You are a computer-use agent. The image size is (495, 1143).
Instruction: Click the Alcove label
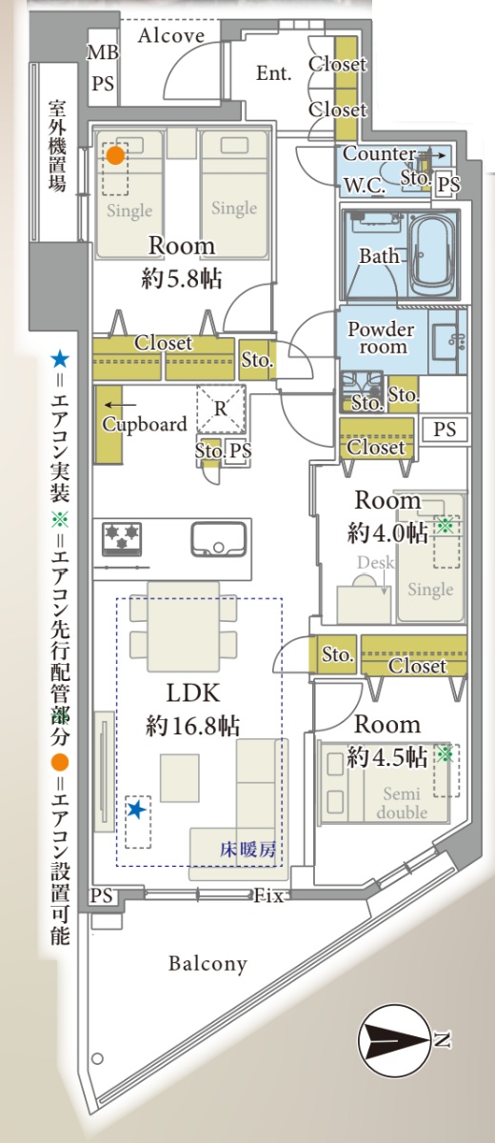coord(171,35)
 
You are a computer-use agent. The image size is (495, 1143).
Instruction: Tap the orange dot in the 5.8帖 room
coord(115,155)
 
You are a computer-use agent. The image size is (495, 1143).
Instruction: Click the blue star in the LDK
coord(136,810)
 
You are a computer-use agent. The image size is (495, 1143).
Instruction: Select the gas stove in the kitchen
coord(123,538)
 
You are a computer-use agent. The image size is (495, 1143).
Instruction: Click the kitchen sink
coord(219,539)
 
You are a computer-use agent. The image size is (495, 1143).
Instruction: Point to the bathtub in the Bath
coord(433,255)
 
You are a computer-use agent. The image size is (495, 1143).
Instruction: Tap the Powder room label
coord(381,338)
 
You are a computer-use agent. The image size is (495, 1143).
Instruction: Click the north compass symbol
coord(396,1041)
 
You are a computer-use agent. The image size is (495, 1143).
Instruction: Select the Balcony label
coord(208,964)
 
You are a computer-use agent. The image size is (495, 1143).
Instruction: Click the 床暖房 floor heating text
coord(248,850)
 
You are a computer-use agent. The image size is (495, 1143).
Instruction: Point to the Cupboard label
coord(145,425)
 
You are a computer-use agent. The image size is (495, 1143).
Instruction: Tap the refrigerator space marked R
coord(221,409)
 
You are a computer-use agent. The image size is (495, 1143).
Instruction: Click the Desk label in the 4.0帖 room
coord(376,562)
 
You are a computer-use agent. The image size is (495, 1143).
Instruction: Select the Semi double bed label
coord(402,803)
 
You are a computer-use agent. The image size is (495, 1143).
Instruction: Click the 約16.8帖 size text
coord(192,726)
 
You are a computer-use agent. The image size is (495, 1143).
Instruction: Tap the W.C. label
coord(365,186)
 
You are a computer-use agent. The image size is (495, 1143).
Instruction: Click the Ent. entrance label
coord(274,73)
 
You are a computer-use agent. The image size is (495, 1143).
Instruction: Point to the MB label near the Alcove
coord(103,52)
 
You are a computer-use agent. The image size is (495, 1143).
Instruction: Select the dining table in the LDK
coord(184,626)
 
